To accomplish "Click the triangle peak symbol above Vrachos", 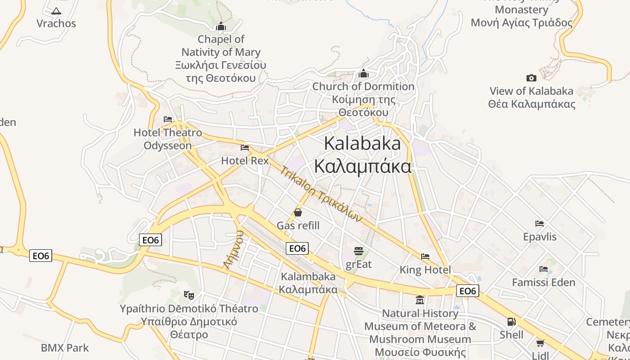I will click(x=56, y=11).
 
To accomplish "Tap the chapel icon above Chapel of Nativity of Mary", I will click(x=220, y=27).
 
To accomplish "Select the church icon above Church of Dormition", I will click(x=364, y=73).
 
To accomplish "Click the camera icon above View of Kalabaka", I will click(x=531, y=78).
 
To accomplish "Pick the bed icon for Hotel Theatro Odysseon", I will click(x=168, y=119).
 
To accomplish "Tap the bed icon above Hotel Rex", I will click(x=245, y=147).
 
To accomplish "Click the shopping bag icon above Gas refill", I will click(x=298, y=212).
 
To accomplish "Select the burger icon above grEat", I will click(x=359, y=251).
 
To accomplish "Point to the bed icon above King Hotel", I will click(x=425, y=256).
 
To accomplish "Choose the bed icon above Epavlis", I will click(x=540, y=223).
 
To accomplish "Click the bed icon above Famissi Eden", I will click(x=544, y=269).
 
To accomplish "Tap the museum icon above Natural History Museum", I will click(x=420, y=300).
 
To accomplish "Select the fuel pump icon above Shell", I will click(x=512, y=322).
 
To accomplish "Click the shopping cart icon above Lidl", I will click(x=540, y=343).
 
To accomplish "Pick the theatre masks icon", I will click(x=189, y=295).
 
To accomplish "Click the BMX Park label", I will click(x=65, y=348).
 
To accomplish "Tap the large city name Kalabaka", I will click(x=362, y=144).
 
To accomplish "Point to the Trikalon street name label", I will click(x=321, y=194).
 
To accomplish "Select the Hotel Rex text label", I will click(x=245, y=161).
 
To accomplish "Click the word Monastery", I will click(x=522, y=10).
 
